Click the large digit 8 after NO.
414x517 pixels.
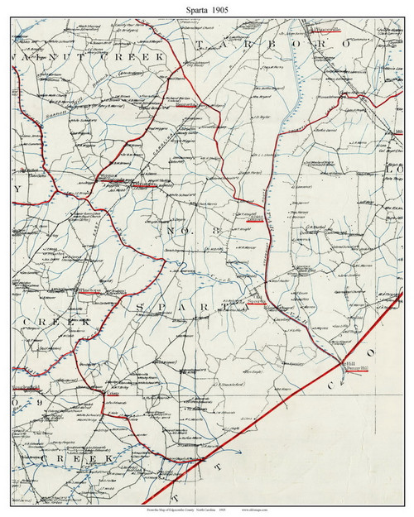click(218, 230)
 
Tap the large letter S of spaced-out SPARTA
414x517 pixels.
click(138, 308)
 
